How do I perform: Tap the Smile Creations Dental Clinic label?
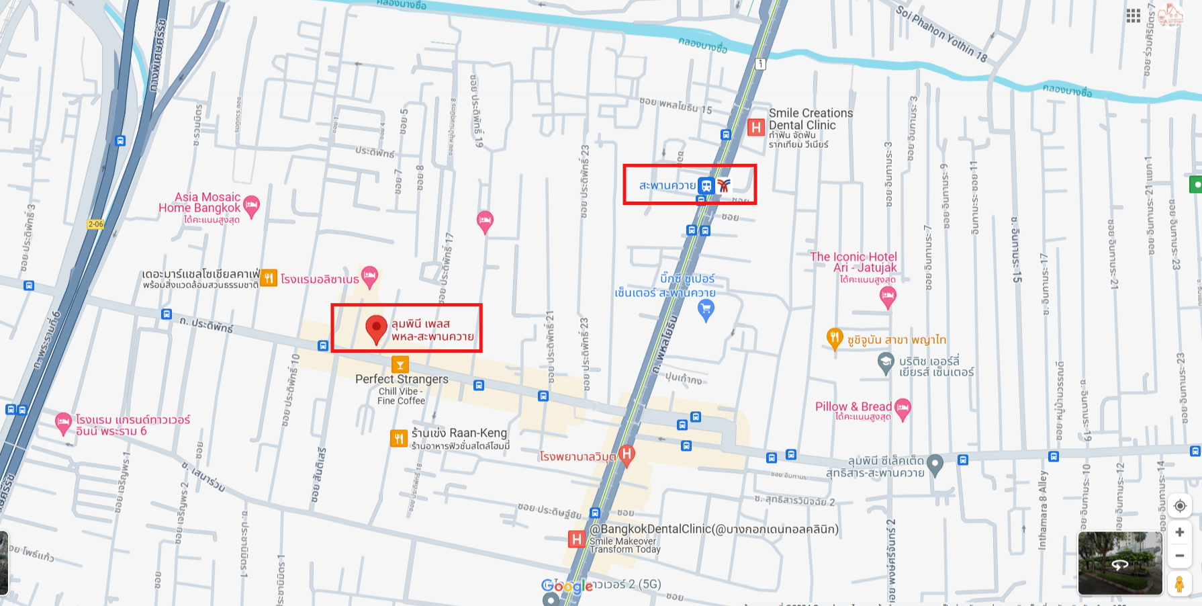point(811,120)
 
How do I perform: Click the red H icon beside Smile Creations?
point(756,127)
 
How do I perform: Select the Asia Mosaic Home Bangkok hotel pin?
point(251,206)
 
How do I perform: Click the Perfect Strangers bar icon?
point(400,365)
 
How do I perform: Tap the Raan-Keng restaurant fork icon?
point(399,439)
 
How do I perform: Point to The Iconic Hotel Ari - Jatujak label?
point(853,262)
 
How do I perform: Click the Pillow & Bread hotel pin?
point(903,408)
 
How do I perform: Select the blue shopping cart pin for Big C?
point(706,310)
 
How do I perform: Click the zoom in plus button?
point(1180,532)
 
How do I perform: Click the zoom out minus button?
point(1180,556)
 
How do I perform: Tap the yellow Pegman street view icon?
point(1179,584)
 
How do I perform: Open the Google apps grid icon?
point(1134,15)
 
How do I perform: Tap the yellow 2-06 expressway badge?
point(95,224)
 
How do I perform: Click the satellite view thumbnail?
point(1119,563)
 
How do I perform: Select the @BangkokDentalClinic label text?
point(714,529)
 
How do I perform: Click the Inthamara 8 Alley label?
point(1043,511)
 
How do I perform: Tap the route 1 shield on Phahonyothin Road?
point(760,64)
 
